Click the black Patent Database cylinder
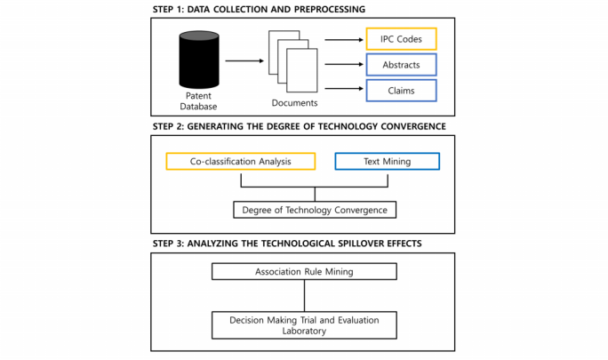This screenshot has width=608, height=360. click(x=198, y=60)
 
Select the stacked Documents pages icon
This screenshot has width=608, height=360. click(x=292, y=63)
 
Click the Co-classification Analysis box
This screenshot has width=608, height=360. click(x=240, y=162)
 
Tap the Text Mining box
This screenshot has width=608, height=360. click(x=386, y=162)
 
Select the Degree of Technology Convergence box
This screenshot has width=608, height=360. click(x=314, y=210)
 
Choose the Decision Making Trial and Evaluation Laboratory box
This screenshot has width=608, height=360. click(x=304, y=324)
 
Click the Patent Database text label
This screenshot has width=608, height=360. click(x=198, y=101)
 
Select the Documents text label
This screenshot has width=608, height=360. click(x=294, y=103)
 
